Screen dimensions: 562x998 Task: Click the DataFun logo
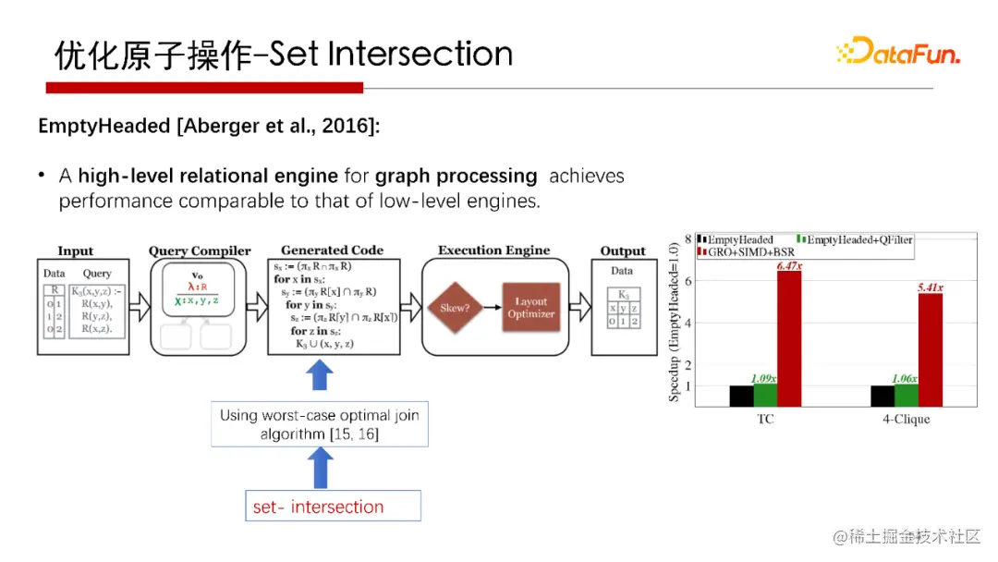point(897,51)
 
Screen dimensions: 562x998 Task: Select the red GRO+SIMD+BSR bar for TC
point(788,338)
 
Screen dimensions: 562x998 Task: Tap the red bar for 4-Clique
point(929,349)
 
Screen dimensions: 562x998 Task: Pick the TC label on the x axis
point(764,419)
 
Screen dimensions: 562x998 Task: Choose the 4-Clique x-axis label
point(906,419)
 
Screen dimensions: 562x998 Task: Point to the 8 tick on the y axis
point(688,238)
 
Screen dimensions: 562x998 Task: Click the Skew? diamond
point(460,308)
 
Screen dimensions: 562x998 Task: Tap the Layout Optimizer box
point(530,308)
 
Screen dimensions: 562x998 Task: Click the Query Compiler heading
point(200,250)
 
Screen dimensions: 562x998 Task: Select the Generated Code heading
point(332,250)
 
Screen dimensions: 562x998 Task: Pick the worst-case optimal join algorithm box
point(319,424)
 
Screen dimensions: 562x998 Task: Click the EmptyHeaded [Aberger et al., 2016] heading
point(209,127)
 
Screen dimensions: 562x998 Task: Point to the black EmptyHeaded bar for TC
point(741,396)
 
